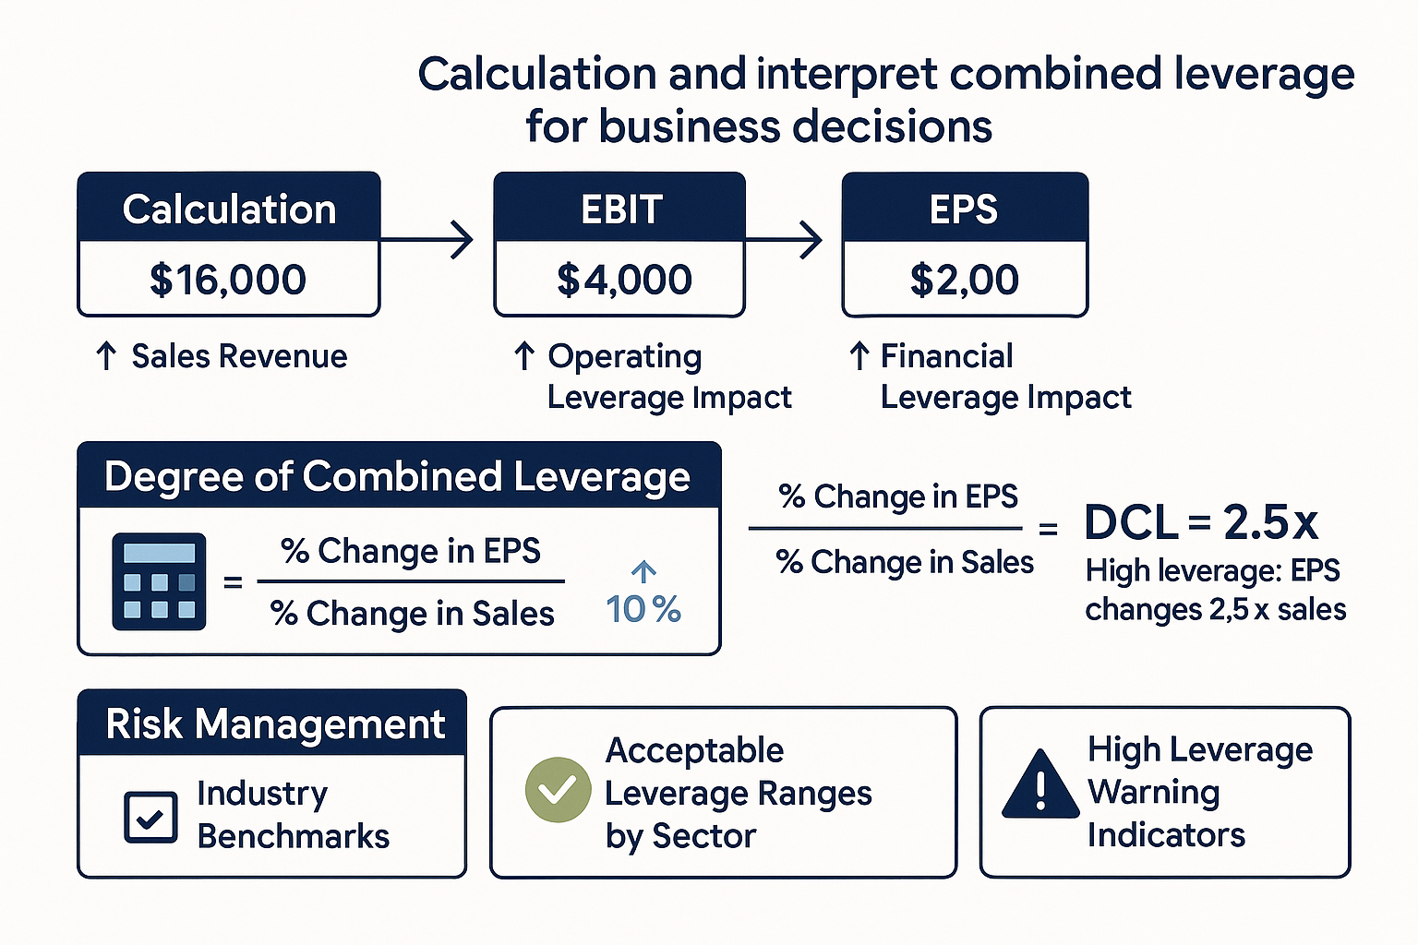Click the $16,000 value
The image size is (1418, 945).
point(228,280)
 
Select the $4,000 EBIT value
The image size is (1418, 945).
point(624,280)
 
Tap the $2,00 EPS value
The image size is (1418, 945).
point(964,280)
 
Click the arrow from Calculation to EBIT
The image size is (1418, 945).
point(428,240)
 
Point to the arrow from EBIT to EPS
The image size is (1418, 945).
point(785,240)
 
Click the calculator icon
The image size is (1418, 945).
point(159,581)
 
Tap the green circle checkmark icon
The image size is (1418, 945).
point(558,790)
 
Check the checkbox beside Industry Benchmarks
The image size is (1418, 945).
point(150,817)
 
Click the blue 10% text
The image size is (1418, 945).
point(643,609)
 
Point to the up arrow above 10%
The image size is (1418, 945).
point(643,571)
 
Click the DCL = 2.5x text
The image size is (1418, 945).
point(1201,522)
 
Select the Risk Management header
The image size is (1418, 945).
point(275,724)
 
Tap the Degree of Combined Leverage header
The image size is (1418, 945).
point(397,477)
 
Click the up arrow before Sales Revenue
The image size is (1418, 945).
point(106,356)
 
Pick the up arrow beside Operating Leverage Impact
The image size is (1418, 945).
point(524,356)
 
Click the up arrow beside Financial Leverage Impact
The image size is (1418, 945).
point(859,356)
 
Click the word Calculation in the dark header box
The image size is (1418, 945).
point(229,209)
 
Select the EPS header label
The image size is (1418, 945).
point(964,209)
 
